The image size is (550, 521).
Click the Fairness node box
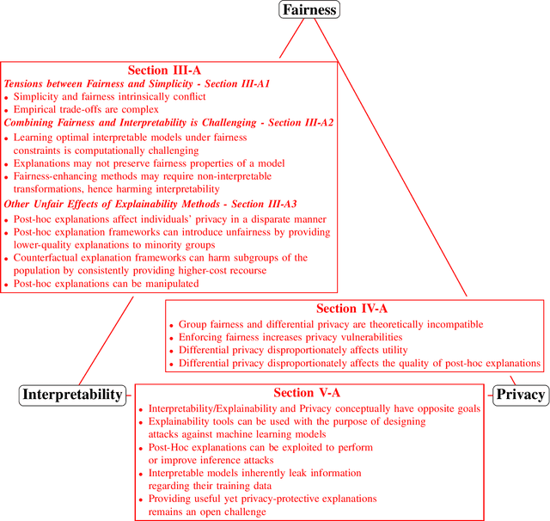(x=309, y=10)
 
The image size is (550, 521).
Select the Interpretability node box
(x=72, y=395)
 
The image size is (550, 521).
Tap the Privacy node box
(x=521, y=395)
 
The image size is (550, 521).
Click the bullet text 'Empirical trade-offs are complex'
(x=86, y=109)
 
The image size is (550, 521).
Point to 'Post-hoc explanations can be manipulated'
(x=106, y=284)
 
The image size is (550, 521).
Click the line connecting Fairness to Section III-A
(x=292, y=40)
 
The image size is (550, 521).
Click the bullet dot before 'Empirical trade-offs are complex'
(x=7, y=110)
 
